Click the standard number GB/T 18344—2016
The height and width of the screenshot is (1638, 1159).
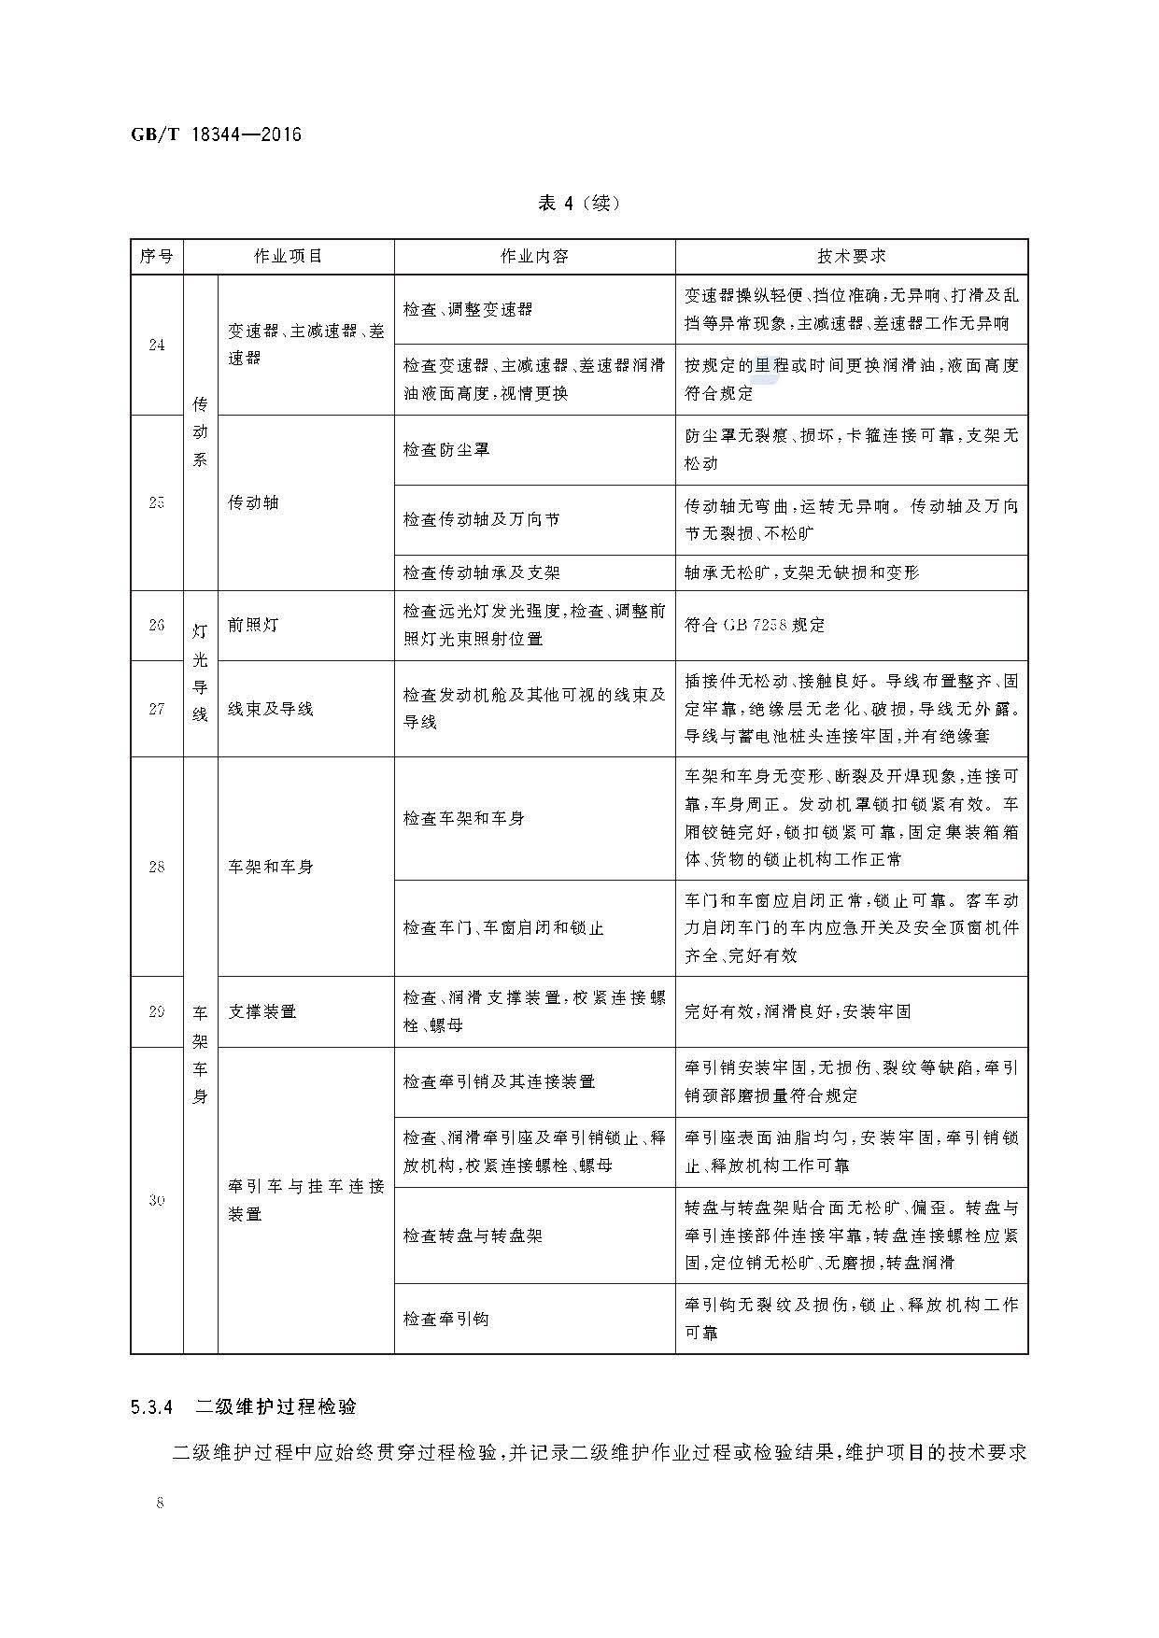tap(216, 134)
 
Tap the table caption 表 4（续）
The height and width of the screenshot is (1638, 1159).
tap(579, 204)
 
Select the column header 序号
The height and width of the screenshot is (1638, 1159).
tap(157, 256)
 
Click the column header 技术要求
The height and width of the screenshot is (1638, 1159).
tap(851, 256)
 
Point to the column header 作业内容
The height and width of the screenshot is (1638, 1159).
tap(534, 256)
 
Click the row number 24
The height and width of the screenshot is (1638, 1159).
tap(157, 345)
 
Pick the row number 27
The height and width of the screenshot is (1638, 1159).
tap(157, 709)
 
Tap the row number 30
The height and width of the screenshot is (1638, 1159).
tap(157, 1200)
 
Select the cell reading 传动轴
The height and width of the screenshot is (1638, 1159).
tap(253, 502)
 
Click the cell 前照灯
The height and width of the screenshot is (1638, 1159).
tap(253, 625)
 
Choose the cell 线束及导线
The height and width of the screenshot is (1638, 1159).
tap(271, 709)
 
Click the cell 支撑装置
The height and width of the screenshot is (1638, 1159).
tap(262, 1011)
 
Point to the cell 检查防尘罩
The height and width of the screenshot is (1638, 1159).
tap(446, 449)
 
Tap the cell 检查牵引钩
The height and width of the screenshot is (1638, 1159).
tap(446, 1319)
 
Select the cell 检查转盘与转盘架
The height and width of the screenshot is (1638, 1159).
tap(473, 1236)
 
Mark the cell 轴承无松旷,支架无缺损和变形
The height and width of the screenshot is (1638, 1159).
tap(801, 572)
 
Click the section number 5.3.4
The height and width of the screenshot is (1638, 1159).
tap(152, 1406)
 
